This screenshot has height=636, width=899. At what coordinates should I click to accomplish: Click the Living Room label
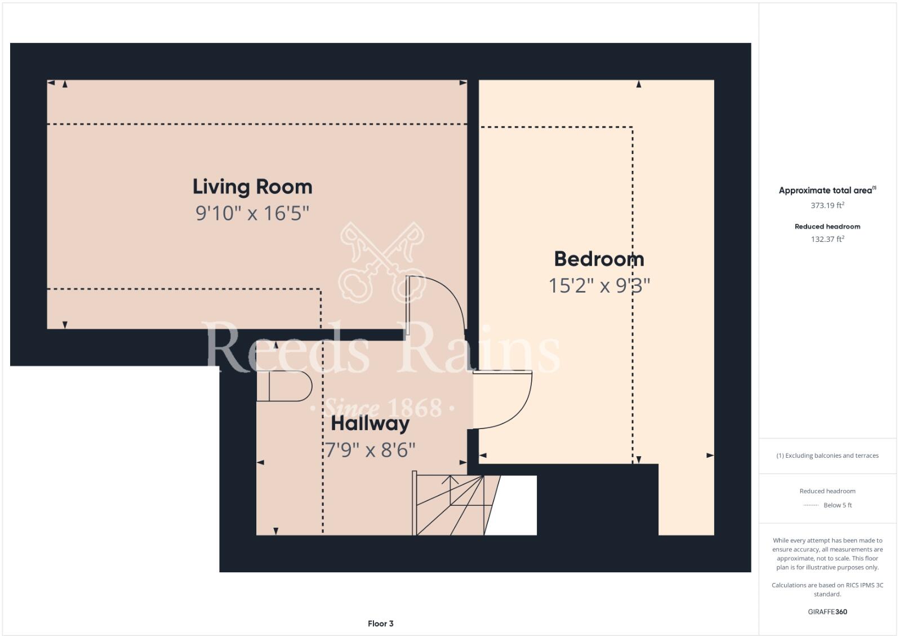click(x=252, y=187)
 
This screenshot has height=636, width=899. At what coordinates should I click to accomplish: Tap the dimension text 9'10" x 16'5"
click(x=252, y=213)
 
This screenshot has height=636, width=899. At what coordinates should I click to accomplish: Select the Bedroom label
click(x=599, y=259)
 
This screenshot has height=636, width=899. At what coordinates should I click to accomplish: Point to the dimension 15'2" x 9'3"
click(x=599, y=285)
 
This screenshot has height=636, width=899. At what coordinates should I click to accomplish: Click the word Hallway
click(x=370, y=423)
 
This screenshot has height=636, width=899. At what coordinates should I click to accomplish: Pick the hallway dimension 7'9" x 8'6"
click(x=370, y=450)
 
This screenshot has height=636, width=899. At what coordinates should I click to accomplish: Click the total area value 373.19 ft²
click(x=827, y=205)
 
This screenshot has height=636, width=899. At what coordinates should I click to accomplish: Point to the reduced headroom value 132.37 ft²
click(x=827, y=239)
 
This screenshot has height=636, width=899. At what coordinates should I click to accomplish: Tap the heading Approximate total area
click(x=826, y=191)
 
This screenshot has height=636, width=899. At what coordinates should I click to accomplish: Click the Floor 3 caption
click(x=380, y=623)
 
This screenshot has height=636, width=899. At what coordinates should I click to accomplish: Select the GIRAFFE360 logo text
click(x=827, y=612)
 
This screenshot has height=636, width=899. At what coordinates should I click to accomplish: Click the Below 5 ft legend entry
click(x=837, y=505)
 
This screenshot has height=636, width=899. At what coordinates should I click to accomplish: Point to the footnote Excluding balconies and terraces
click(x=827, y=456)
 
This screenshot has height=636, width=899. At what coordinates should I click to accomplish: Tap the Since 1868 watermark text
click(x=383, y=407)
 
